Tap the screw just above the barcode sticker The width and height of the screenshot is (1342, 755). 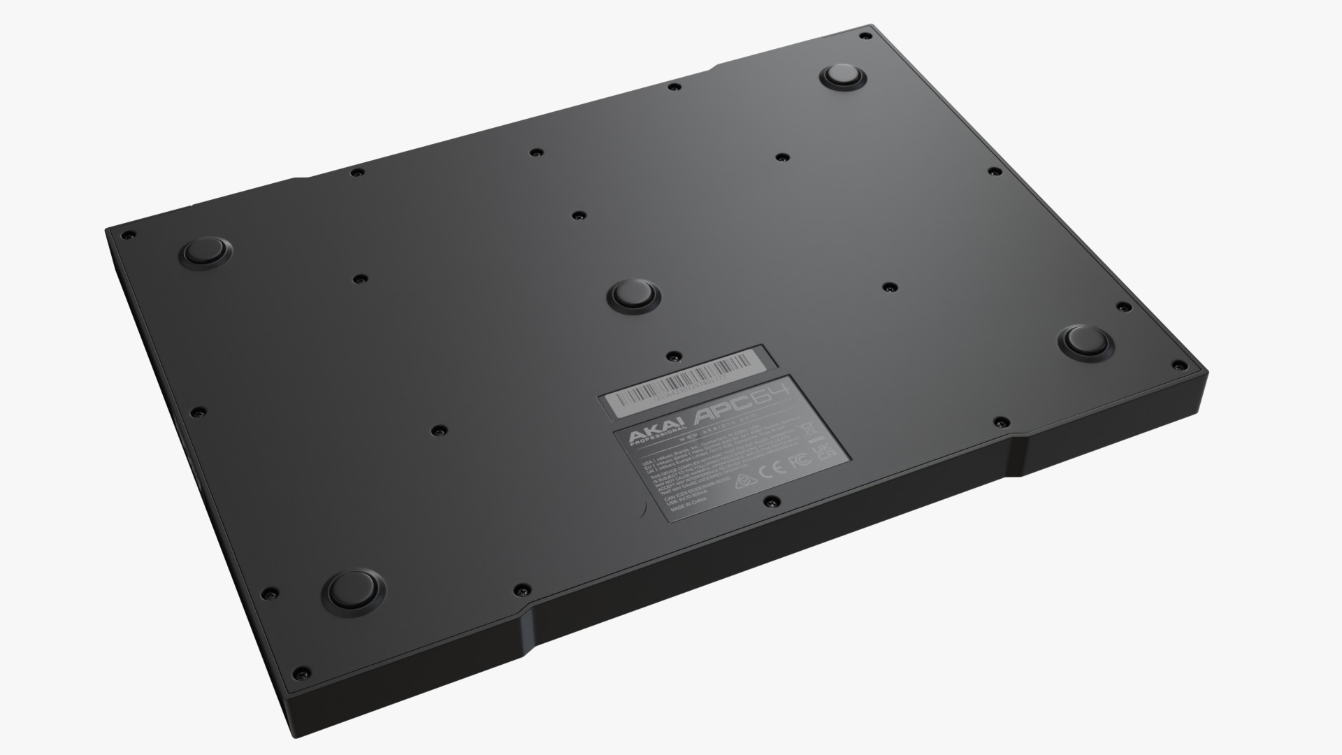(x=671, y=357)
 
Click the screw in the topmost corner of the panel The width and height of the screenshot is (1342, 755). (x=865, y=35)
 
